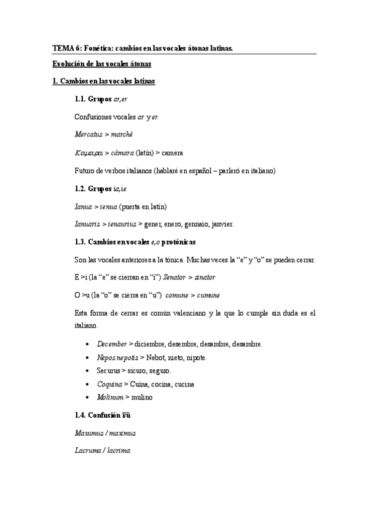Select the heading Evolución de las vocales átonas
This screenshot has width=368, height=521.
pos(101,64)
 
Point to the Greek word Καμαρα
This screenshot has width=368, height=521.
pos(89,152)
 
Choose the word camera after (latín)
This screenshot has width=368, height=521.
pos(173,152)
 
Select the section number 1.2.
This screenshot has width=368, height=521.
pos(80,188)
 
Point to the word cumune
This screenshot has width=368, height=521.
pos(208,295)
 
